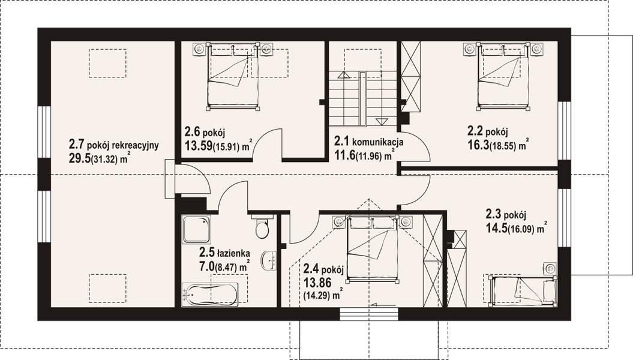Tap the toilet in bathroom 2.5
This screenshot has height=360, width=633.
(262, 228)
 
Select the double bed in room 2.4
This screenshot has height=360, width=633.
(374, 247)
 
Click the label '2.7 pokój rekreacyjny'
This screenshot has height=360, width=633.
(114, 145)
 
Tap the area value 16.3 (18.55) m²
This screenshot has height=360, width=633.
(497, 145)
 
